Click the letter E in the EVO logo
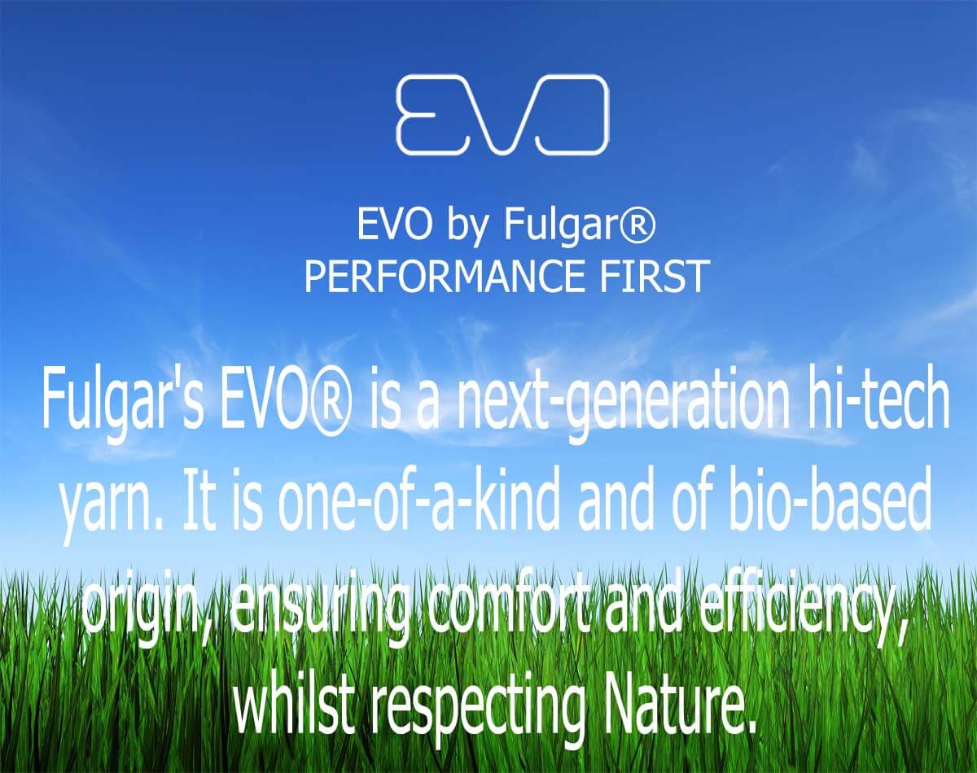pyautogui.click(x=426, y=116)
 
